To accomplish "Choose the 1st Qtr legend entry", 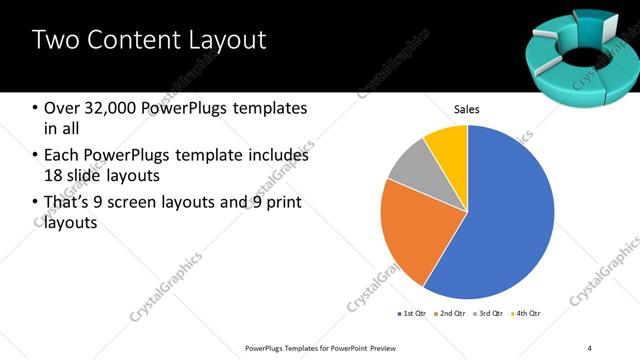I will pyautogui.click(x=412, y=314).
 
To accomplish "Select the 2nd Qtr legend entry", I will pyautogui.click(x=449, y=314).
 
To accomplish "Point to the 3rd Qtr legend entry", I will pyautogui.click(x=487, y=314).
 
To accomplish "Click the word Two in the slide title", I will pyautogui.click(x=54, y=41).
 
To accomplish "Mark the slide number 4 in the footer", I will pyautogui.click(x=589, y=347).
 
